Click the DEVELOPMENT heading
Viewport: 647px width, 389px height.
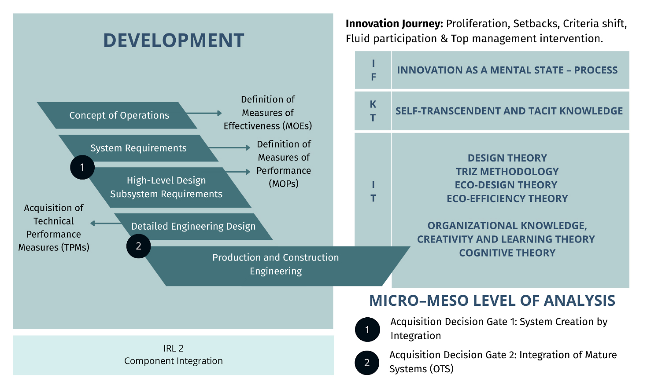tap(174, 40)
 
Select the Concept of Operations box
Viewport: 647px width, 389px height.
tap(117, 115)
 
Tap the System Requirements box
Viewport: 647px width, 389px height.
tap(138, 148)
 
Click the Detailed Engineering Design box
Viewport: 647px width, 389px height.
tap(193, 227)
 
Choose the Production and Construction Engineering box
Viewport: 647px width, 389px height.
tap(276, 266)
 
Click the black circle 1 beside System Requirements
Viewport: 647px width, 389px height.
tap(82, 167)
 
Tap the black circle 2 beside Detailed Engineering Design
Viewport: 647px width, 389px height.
tap(139, 246)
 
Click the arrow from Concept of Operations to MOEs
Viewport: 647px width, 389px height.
tap(204, 113)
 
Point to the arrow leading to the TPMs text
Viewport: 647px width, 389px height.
tap(106, 224)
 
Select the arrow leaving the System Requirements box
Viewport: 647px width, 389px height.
tap(229, 148)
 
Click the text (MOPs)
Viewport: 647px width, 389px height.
tap(284, 183)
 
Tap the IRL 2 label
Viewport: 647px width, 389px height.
tap(173, 349)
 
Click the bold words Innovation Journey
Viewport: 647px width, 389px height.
tap(394, 24)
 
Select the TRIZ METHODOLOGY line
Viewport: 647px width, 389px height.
tap(507, 172)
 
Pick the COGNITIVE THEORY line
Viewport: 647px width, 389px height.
tap(507, 253)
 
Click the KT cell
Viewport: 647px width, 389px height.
tap(373, 111)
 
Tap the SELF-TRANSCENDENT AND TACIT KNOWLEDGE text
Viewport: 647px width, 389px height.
tap(509, 111)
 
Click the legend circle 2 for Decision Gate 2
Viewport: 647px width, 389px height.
tap(367, 363)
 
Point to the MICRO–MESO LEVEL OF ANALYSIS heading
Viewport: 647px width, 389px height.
tap(492, 301)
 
